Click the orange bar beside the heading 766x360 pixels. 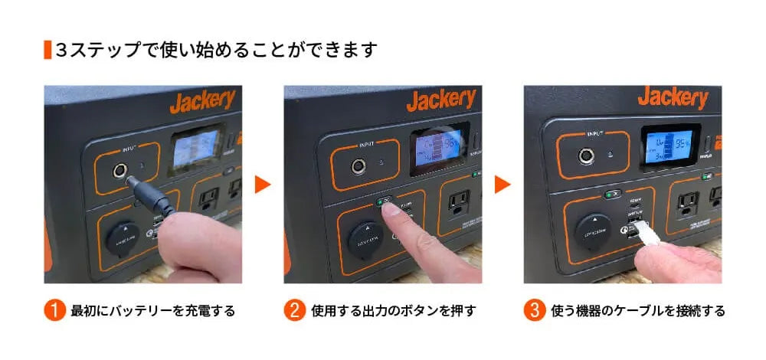47,51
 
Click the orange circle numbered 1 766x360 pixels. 54,311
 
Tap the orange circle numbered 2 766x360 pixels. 294,311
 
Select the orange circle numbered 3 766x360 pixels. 534,311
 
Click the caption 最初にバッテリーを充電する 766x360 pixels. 152,311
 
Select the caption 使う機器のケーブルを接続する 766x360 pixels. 637,311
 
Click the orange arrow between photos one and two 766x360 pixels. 263,185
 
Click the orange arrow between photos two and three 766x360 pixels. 502,185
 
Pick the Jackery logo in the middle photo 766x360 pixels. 441,100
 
